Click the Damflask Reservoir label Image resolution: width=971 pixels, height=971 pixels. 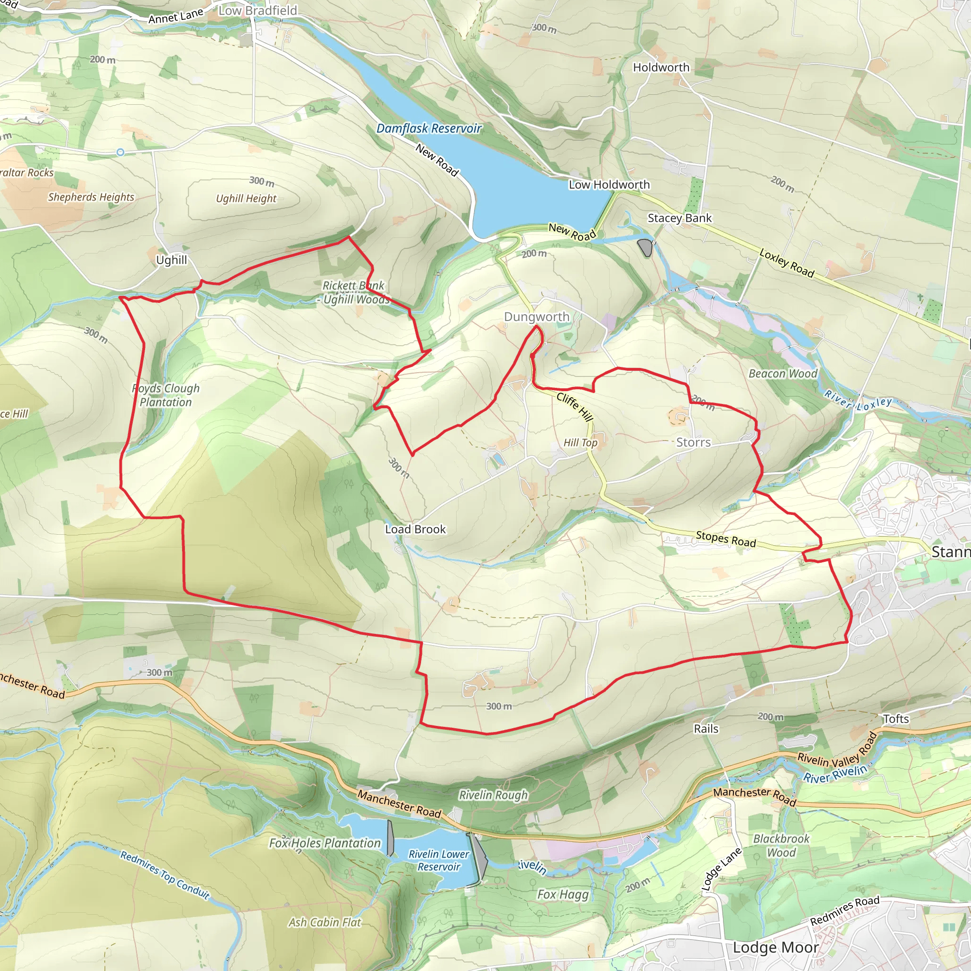pyautogui.click(x=429, y=128)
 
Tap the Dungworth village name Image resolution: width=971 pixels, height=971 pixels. pyautogui.click(x=537, y=317)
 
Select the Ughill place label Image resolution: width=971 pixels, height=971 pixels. pyautogui.click(x=171, y=260)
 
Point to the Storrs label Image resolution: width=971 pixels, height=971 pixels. pyautogui.click(x=693, y=442)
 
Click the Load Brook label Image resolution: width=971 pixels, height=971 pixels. pyautogui.click(x=415, y=529)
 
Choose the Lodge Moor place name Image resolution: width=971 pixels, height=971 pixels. pyautogui.click(x=776, y=947)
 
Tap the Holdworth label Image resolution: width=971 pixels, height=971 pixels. pyautogui.click(x=661, y=67)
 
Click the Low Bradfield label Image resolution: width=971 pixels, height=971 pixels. pyautogui.click(x=258, y=10)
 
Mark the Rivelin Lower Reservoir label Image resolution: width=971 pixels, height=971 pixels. pyautogui.click(x=439, y=860)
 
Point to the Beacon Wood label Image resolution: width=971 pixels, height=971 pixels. pyautogui.click(x=782, y=374)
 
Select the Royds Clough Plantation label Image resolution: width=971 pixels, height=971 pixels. pyautogui.click(x=166, y=395)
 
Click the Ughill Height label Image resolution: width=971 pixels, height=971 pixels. pyautogui.click(x=246, y=199)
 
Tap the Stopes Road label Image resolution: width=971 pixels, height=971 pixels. pyautogui.click(x=726, y=539)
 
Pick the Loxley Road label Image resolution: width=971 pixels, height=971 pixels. pyautogui.click(x=787, y=262)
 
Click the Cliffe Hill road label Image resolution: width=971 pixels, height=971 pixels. pyautogui.click(x=575, y=407)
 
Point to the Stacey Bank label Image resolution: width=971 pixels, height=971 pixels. pyautogui.click(x=679, y=218)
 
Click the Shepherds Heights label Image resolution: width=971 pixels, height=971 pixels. pyautogui.click(x=91, y=197)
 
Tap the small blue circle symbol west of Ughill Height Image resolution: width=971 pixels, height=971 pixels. pyautogui.click(x=120, y=152)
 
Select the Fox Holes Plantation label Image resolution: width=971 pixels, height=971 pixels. pyautogui.click(x=325, y=843)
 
